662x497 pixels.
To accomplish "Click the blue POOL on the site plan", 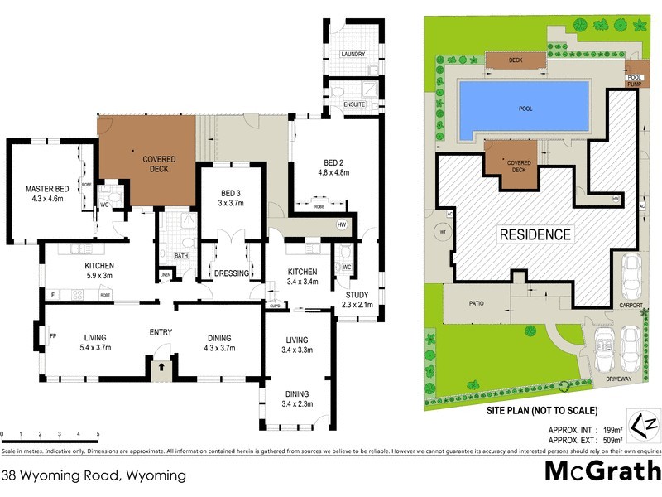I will coord(525,109).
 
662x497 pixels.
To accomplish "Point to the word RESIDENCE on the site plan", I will coord(535,234).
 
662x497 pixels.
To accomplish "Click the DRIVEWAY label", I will coord(617,379).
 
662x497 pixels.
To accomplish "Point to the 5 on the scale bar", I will coord(98,434).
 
